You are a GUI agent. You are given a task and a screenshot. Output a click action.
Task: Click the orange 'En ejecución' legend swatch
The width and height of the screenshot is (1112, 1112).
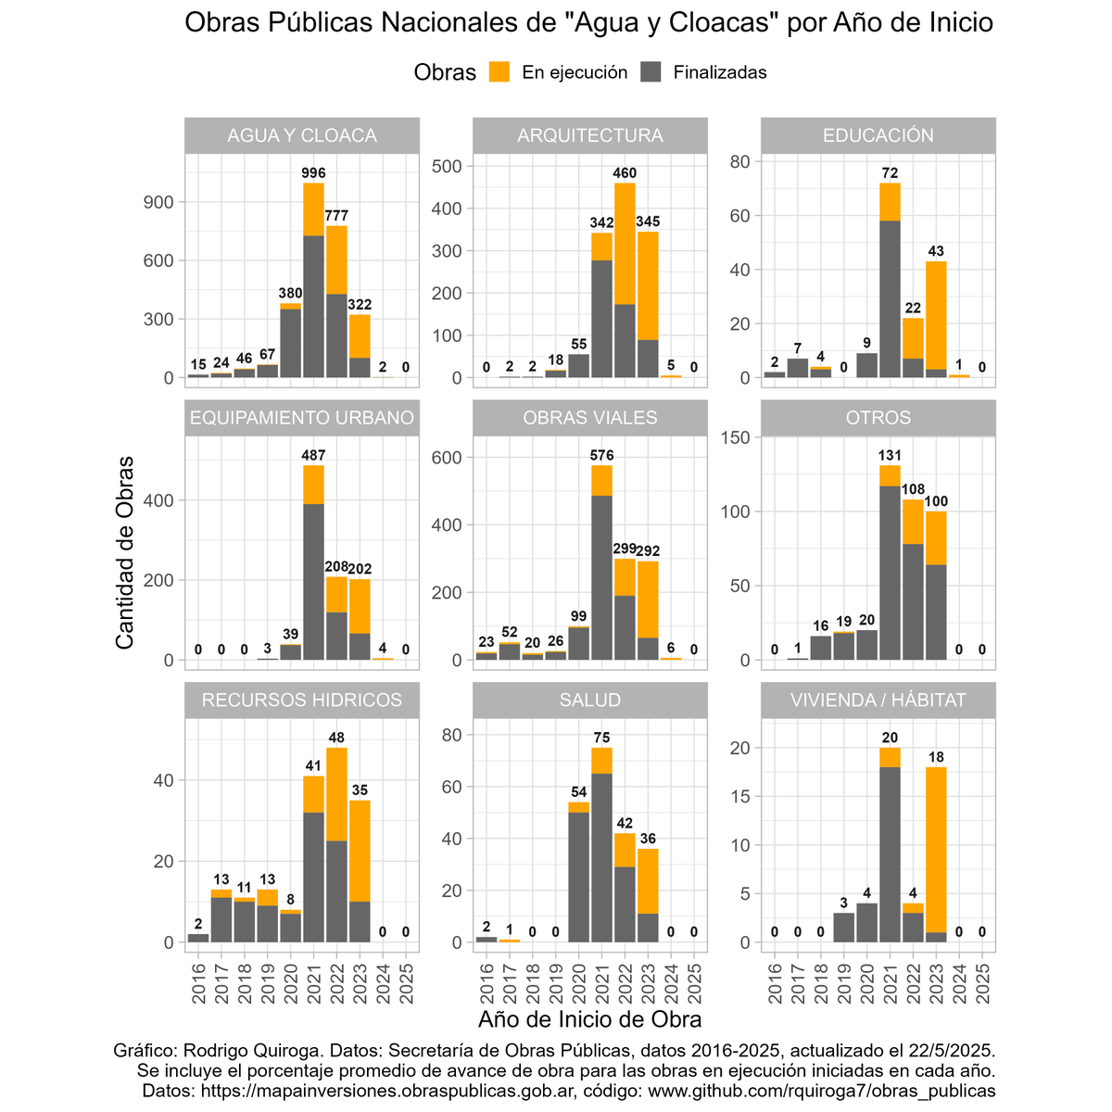pyautogui.click(x=499, y=72)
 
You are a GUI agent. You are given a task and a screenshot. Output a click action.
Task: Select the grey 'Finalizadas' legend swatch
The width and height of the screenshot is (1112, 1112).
pyautogui.click(x=651, y=72)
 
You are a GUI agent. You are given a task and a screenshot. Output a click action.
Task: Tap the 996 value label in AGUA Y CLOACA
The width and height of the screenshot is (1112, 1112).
pyautogui.click(x=313, y=172)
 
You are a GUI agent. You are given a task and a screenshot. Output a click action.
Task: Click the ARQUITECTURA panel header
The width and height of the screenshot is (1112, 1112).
pyautogui.click(x=590, y=135)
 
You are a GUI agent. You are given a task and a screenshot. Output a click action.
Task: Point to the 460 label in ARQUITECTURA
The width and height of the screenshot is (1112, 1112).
pyautogui.click(x=625, y=172)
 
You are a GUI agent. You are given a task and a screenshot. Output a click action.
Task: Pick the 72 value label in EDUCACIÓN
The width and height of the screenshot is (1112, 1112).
pyautogui.click(x=890, y=173)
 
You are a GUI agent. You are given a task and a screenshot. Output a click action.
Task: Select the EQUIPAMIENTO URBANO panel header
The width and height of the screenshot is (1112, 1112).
pyautogui.click(x=302, y=418)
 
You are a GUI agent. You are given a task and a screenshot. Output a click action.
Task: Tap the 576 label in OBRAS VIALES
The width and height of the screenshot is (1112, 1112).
pyautogui.click(x=601, y=455)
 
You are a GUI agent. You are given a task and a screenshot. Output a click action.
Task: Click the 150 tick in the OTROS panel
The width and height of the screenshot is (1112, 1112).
pyautogui.click(x=736, y=436)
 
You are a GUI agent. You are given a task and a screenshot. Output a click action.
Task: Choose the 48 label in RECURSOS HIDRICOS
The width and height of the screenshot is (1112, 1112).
pyautogui.click(x=336, y=738)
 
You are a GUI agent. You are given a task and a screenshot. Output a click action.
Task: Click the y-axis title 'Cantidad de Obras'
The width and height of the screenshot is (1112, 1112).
pyautogui.click(x=125, y=551)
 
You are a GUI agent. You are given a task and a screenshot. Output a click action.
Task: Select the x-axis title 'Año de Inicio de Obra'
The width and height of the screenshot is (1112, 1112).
pyautogui.click(x=589, y=1019)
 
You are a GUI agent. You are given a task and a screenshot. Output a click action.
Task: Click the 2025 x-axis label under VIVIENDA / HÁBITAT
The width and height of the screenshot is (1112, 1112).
pyautogui.click(x=983, y=982)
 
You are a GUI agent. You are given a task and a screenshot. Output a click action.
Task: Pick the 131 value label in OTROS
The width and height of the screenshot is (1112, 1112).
pyautogui.click(x=890, y=455)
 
